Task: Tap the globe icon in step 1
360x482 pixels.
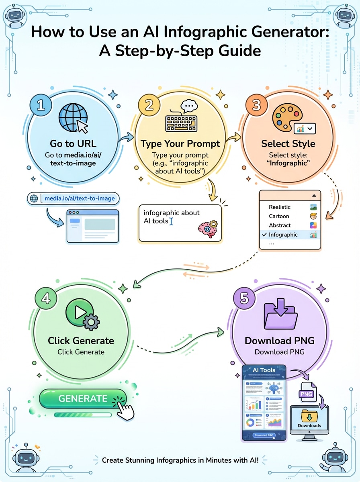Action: pyautogui.click(x=71, y=118)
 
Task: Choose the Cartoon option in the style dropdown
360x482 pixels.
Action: pyautogui.click(x=279, y=216)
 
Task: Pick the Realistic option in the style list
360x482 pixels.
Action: pyautogui.click(x=280, y=207)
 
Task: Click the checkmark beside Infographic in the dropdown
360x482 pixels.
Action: pyautogui.click(x=264, y=235)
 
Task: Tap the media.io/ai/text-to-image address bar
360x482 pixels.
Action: pyautogui.click(x=74, y=198)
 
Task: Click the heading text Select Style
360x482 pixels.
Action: pyautogui.click(x=288, y=144)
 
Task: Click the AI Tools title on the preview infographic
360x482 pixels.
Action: pyautogui.click(x=264, y=370)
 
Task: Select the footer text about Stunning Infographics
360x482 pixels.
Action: pyautogui.click(x=180, y=460)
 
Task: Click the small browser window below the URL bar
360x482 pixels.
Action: pyautogui.click(x=92, y=226)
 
